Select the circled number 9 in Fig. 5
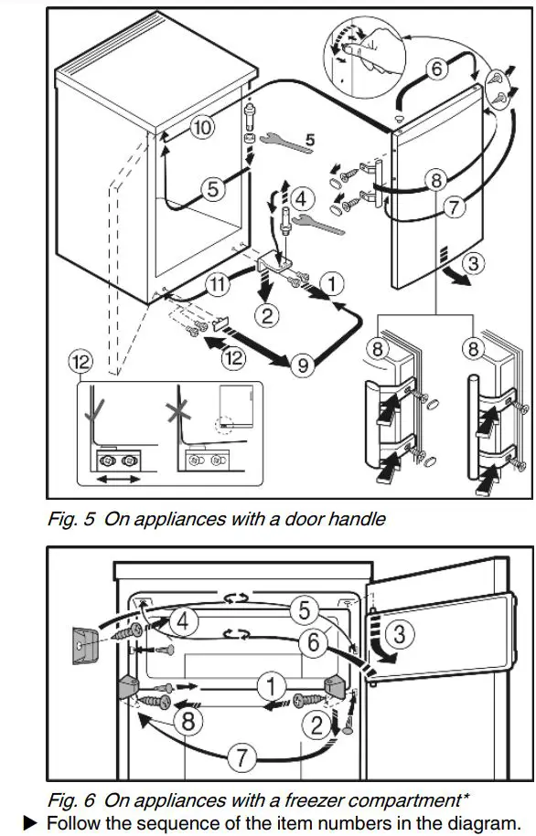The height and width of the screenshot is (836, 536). point(303,365)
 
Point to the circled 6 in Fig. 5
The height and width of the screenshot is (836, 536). point(436,69)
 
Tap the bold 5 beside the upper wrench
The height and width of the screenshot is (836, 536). point(309,140)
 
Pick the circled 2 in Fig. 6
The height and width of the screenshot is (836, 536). point(319,726)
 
